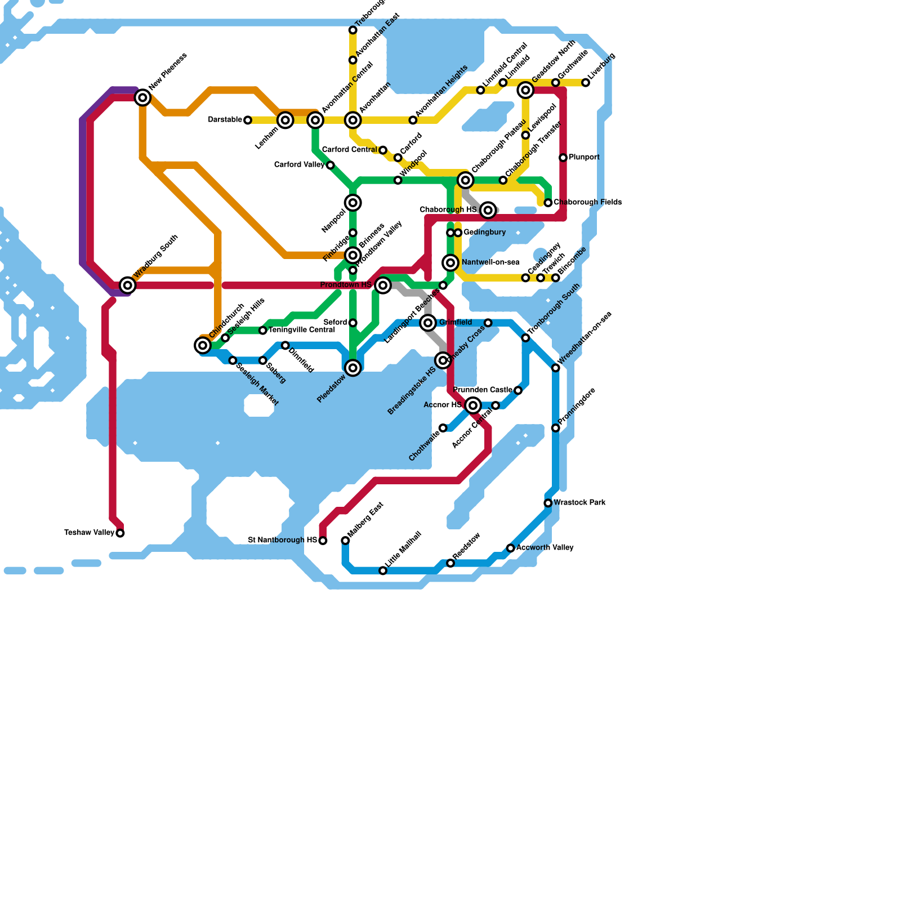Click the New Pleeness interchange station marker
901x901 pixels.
tap(143, 98)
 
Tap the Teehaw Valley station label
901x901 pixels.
tap(90, 533)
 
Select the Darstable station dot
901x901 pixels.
tap(248, 120)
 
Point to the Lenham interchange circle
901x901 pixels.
tap(286, 120)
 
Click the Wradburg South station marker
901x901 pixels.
tap(128, 286)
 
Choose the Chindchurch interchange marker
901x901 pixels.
tap(203, 345)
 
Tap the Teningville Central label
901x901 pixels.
tap(302, 330)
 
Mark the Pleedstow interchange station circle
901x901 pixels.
tap(353, 368)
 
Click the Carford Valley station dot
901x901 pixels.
tap(331, 165)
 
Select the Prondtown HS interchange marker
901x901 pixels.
tap(383, 286)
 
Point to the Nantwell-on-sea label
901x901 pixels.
tap(490, 262)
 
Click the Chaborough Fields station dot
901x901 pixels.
tap(548, 203)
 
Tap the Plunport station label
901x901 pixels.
tap(584, 158)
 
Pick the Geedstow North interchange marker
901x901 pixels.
tap(525, 90)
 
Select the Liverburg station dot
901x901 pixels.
tap(586, 83)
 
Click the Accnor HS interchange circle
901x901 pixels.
tap(473, 405)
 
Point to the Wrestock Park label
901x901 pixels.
tap(579, 502)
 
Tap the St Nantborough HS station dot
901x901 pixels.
tap(323, 541)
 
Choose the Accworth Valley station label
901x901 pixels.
tap(545, 548)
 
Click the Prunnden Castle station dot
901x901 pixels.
tap(518, 390)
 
